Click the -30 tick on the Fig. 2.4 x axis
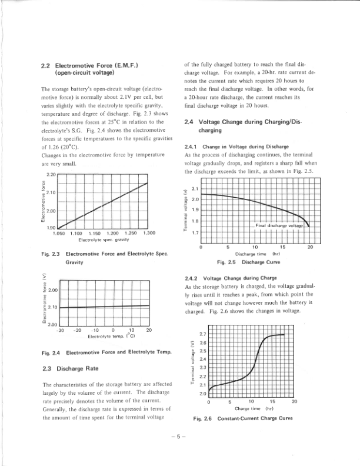60,330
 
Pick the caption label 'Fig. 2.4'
52,352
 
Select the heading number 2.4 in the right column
189,121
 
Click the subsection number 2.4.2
192,277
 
